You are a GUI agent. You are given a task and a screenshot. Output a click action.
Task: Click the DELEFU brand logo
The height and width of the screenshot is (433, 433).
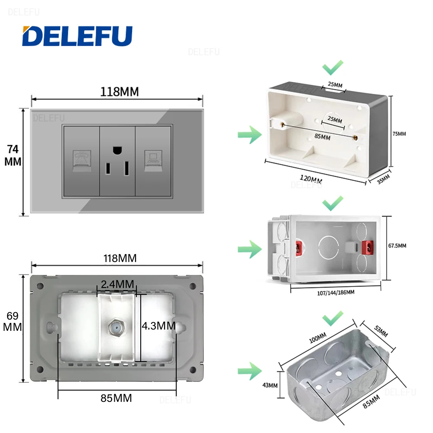(x=77, y=36)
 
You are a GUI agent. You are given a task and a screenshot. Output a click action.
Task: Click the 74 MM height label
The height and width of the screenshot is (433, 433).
(x=13, y=155)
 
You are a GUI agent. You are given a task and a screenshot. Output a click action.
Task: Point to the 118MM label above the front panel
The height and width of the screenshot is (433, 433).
(x=120, y=92)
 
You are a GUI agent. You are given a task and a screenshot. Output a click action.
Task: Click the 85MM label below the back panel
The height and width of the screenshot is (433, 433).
(x=116, y=398)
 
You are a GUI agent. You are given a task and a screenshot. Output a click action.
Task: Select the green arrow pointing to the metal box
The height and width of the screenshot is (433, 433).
(x=249, y=371)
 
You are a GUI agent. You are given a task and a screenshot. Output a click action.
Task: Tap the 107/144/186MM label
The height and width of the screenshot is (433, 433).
(x=333, y=292)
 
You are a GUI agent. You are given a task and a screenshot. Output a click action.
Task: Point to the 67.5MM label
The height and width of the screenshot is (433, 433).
(x=397, y=246)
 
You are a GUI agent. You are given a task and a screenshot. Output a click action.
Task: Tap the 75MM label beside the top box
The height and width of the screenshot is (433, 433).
(x=399, y=134)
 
